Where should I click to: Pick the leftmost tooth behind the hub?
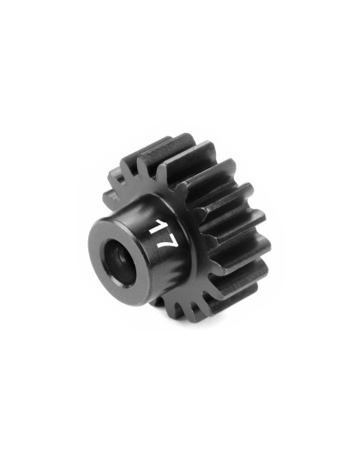point(109,199)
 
